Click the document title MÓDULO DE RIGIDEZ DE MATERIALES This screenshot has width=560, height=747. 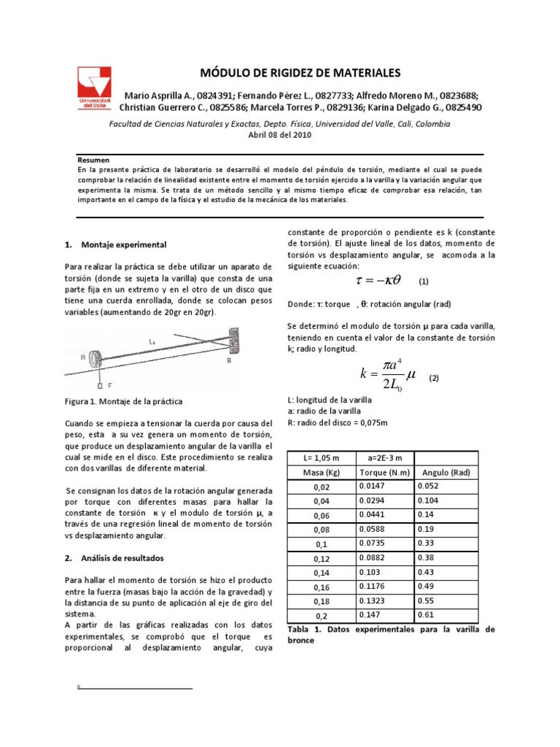pos(300,73)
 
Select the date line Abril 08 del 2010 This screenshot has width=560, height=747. pos(279,135)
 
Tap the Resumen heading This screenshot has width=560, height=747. pos(93,158)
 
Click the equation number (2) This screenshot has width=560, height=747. pos(433,378)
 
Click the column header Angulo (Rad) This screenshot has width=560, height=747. pos(445,473)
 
